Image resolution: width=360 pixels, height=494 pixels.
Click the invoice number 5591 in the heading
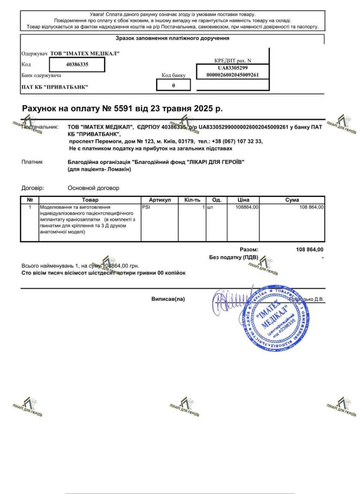pos(121,109)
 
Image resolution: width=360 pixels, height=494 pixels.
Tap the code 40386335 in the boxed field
pos(77,64)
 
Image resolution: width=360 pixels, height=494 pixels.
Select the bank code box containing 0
pos(173,85)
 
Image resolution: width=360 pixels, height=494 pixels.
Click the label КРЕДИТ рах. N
pos(233,60)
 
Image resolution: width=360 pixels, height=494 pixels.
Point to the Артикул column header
pos(159,200)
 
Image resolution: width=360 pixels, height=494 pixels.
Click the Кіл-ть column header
pos(192,200)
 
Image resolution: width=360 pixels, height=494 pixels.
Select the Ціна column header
pos(243,200)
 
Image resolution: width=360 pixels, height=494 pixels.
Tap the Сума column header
pos(292,200)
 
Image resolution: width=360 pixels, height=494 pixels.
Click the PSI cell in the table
pos(146,207)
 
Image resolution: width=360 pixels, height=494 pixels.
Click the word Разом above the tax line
pos(248,250)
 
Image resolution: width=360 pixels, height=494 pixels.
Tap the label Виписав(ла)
pos(168,299)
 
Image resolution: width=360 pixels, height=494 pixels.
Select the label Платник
pos(32,162)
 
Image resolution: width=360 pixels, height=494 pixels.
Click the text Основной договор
pos(93,188)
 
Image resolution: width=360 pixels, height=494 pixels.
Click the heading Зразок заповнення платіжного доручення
pos(172,38)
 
